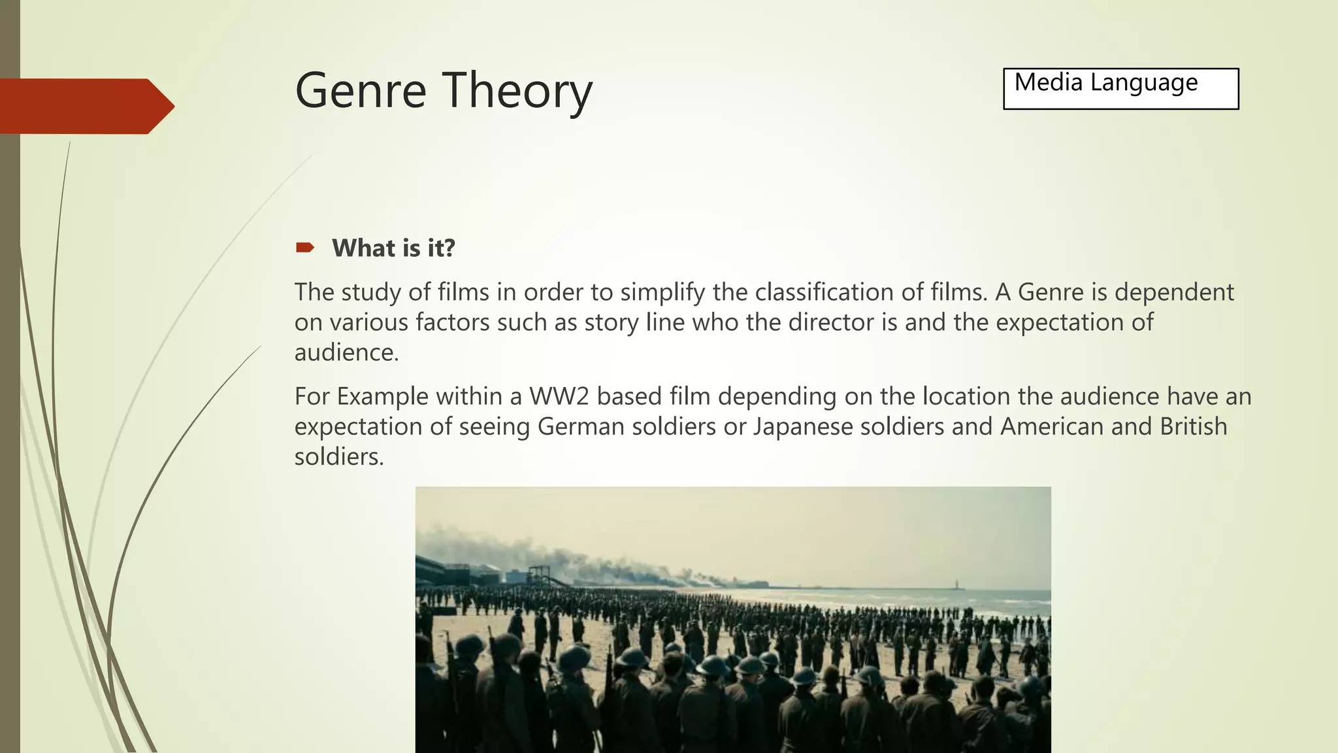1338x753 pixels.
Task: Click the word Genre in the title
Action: [361, 90]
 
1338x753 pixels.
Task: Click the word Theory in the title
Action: [517, 92]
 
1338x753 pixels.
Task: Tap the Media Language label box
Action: [1120, 89]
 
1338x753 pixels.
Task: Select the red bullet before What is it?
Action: [304, 248]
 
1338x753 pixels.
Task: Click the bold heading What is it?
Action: [393, 248]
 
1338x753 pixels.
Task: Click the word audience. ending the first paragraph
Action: [346, 353]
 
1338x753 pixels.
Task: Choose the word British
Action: [1193, 427]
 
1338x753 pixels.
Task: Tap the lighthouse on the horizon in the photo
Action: [956, 583]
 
